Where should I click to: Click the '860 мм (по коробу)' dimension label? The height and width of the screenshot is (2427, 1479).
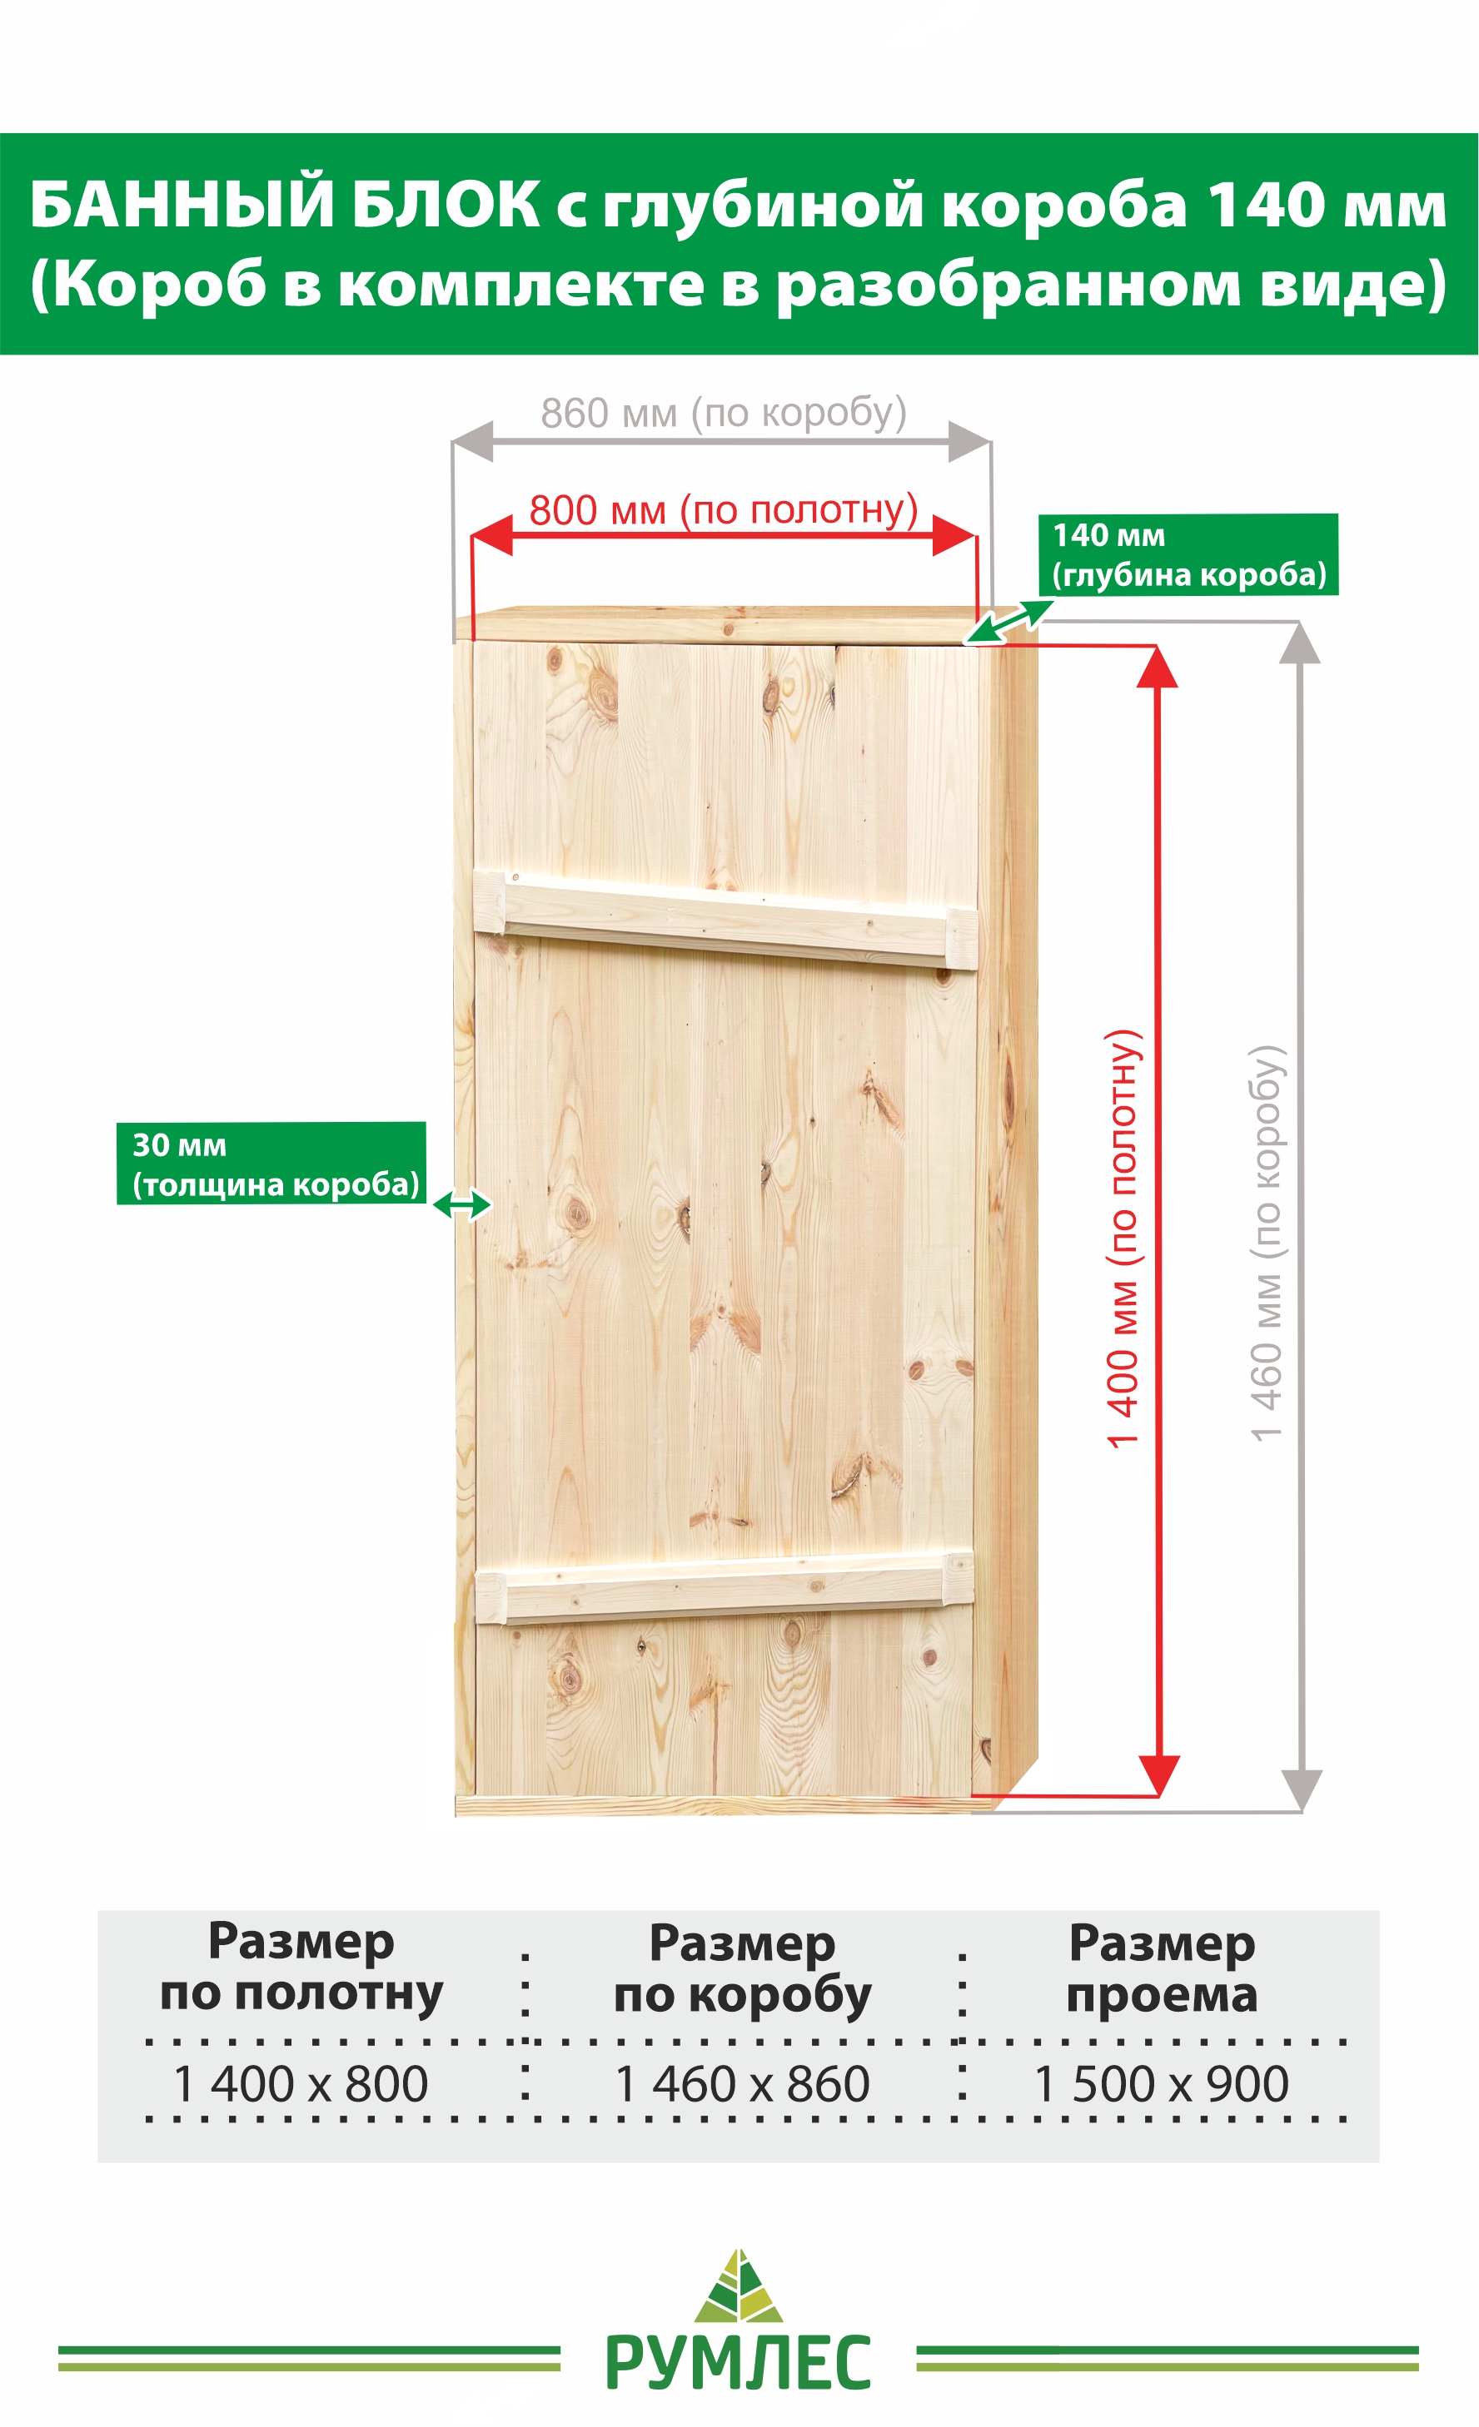click(x=723, y=413)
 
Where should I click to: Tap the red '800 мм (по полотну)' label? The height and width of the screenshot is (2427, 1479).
click(x=723, y=510)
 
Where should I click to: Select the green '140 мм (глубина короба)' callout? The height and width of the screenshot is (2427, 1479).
click(x=1188, y=554)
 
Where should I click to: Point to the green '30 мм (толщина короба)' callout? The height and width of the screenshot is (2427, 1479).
click(x=271, y=1164)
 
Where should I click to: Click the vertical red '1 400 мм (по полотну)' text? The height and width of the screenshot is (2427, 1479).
click(x=1123, y=1238)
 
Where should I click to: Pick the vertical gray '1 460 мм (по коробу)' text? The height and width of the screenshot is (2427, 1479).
click(x=1267, y=1243)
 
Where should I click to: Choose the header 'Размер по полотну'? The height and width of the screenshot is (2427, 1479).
click(x=301, y=1969)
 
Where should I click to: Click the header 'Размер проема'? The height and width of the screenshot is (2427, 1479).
click(x=1162, y=1969)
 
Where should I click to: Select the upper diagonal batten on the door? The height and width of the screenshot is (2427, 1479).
click(x=726, y=919)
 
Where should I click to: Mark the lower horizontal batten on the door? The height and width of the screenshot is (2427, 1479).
click(x=725, y=1587)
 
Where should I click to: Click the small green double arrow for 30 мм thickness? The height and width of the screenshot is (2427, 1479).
click(x=462, y=1204)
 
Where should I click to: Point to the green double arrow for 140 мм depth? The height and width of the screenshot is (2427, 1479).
click(x=1009, y=623)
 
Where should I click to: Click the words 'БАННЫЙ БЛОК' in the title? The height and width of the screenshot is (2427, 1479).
click(x=284, y=205)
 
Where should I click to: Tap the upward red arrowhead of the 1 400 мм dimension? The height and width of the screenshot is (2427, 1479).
click(x=1158, y=667)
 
